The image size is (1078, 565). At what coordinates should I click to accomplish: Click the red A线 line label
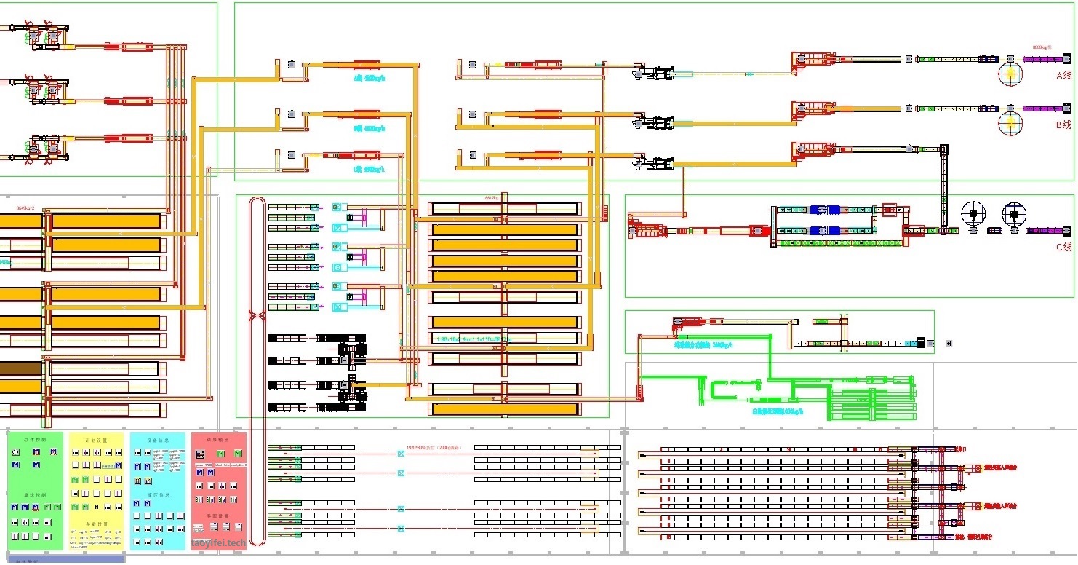point(1063,75)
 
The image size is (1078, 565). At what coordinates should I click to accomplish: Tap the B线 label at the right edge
point(1063,125)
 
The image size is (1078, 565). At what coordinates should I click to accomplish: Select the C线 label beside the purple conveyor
point(1063,247)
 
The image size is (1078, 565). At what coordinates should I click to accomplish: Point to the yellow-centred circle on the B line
point(1010,122)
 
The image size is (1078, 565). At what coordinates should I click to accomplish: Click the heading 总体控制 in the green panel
point(35,440)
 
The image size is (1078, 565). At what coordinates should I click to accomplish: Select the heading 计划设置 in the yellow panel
point(96,440)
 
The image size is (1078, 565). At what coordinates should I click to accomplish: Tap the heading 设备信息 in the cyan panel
point(158,440)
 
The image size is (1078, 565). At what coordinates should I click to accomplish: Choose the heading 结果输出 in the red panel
point(218,440)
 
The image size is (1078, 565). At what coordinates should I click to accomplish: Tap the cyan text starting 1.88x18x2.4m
point(473,339)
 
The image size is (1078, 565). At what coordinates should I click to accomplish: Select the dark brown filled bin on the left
point(20,368)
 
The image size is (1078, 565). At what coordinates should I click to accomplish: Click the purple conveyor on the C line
point(1048,231)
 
